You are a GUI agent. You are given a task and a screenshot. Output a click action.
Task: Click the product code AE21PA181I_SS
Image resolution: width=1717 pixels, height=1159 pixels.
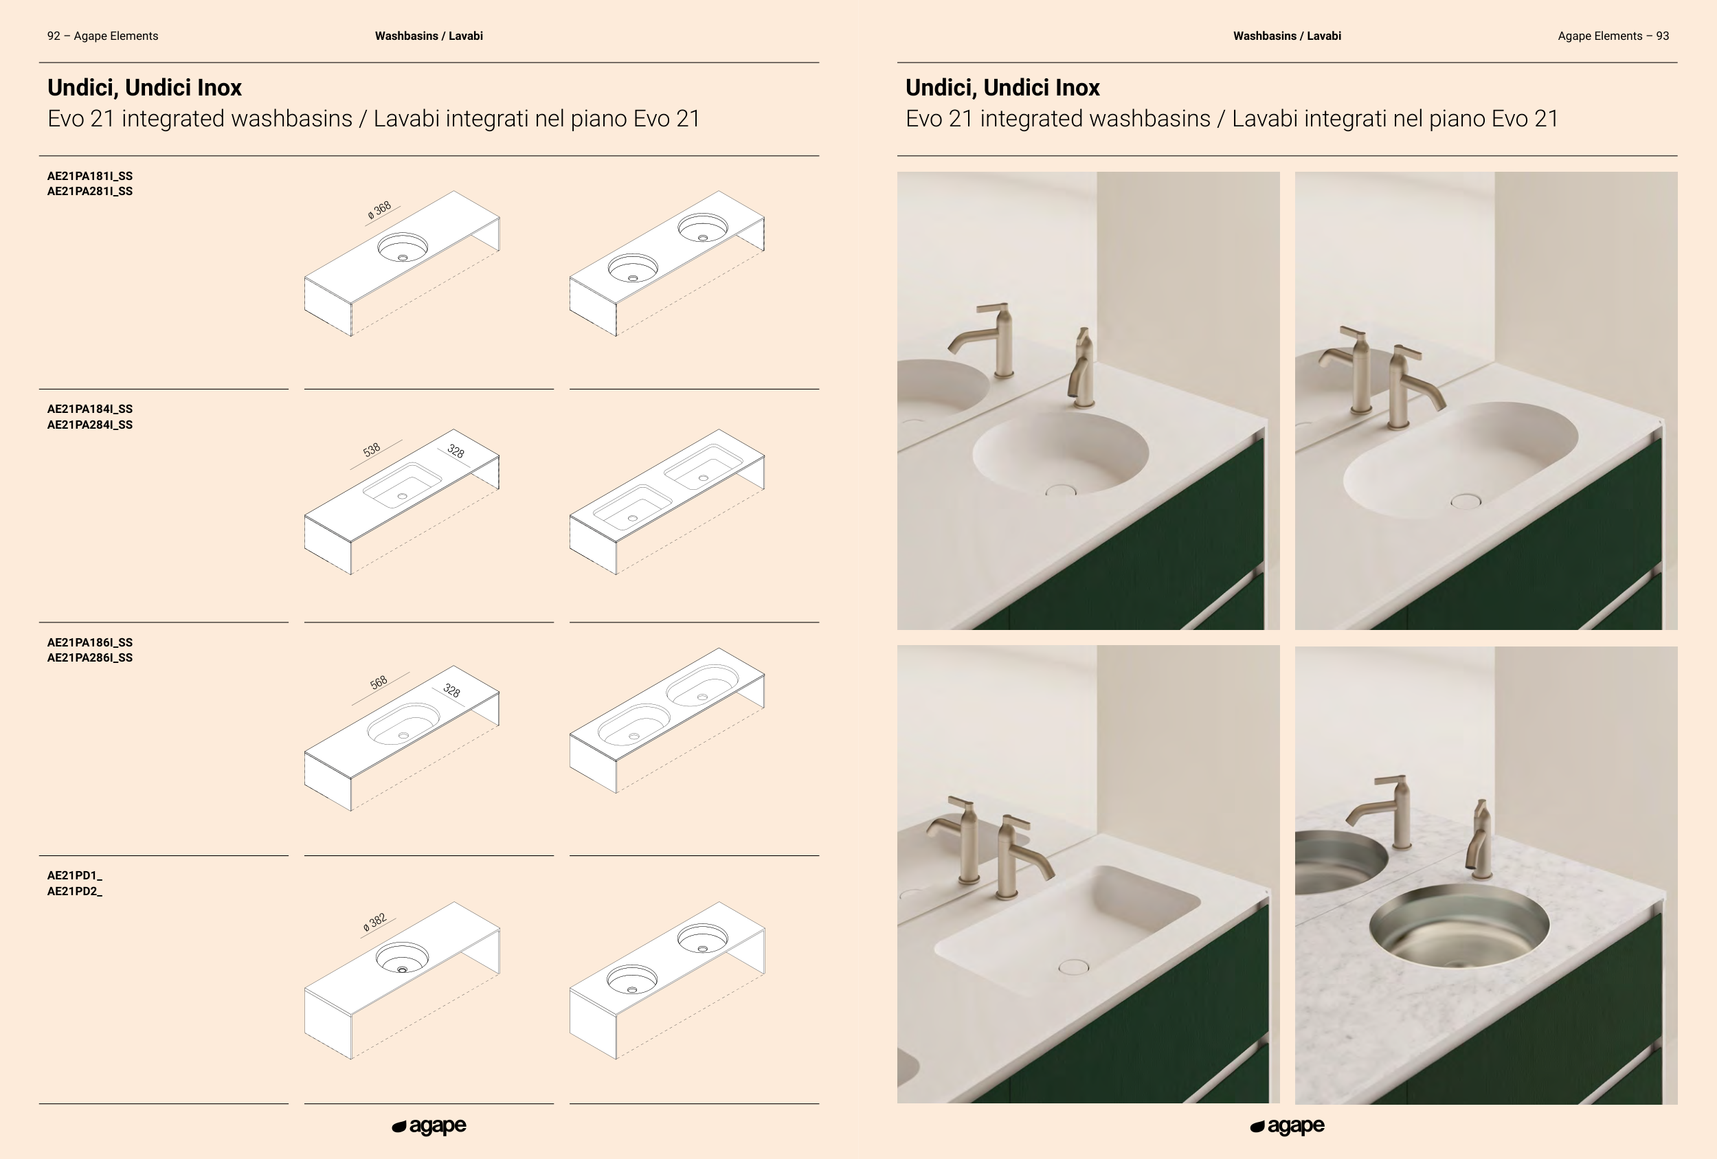(x=90, y=176)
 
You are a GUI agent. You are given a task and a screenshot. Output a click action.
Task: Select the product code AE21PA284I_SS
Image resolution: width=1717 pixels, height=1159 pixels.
(x=90, y=425)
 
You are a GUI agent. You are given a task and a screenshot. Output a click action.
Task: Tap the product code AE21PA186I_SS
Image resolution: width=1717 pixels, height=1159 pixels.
(x=90, y=642)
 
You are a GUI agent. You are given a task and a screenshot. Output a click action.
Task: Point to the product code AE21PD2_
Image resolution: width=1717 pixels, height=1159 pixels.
(x=75, y=892)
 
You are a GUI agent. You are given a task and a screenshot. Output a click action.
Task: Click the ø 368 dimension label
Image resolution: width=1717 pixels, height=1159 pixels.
(x=380, y=210)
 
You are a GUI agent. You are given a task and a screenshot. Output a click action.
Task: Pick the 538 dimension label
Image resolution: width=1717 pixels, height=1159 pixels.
(x=372, y=450)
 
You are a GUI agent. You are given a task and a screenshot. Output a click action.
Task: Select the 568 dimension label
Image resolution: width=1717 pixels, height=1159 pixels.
(x=379, y=682)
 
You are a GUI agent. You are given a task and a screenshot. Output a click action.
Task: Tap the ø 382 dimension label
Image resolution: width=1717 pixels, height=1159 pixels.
(x=374, y=923)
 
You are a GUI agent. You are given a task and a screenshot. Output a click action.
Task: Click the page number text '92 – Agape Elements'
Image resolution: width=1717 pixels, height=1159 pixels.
(x=102, y=36)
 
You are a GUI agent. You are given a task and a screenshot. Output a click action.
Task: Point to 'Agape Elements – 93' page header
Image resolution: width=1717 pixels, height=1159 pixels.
(x=1613, y=36)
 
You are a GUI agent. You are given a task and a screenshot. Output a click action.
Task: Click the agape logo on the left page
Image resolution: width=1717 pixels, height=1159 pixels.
(x=429, y=1127)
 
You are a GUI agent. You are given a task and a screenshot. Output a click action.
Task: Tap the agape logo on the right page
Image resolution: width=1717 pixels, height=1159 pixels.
(x=1287, y=1127)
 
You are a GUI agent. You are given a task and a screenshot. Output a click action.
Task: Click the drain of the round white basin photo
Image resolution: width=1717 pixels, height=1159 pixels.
(x=1062, y=490)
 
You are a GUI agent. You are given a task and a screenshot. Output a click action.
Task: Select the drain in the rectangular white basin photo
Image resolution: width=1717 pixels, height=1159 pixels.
(x=1073, y=966)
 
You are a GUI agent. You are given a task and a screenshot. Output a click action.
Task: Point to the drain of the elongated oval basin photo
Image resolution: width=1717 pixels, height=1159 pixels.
(x=1466, y=502)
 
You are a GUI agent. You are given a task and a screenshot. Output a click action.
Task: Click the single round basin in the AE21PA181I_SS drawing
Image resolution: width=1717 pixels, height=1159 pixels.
(x=403, y=247)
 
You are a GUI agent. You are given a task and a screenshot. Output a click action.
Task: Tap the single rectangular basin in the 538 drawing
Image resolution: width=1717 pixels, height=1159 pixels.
(x=403, y=486)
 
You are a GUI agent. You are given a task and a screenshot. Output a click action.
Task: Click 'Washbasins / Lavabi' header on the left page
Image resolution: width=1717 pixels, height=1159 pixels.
(x=429, y=36)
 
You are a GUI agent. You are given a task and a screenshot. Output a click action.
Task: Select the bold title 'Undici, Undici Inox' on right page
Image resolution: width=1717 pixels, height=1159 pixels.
(x=1002, y=88)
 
